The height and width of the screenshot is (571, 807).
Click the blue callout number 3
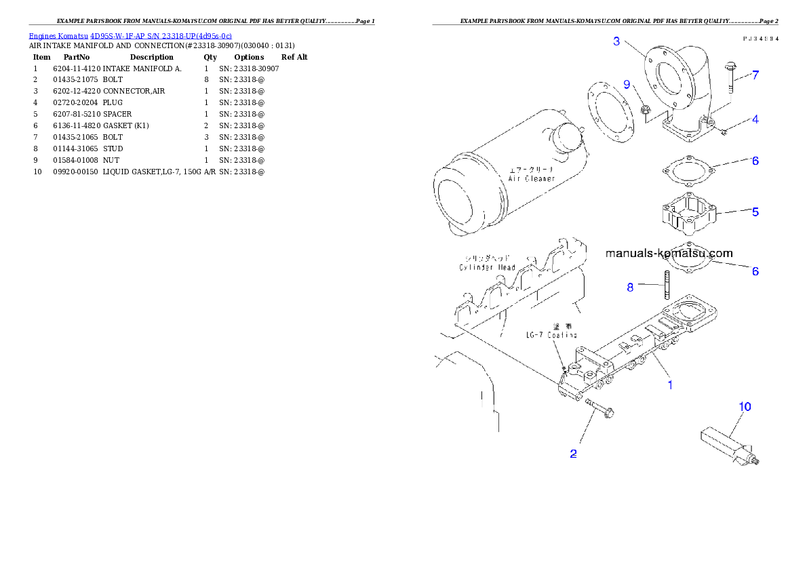[x=616, y=41]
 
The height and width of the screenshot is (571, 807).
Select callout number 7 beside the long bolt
[x=755, y=75]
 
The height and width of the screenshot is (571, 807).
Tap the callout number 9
[x=627, y=84]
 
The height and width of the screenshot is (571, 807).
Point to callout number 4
[x=755, y=119]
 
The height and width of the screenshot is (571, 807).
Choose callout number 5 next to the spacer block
[x=755, y=212]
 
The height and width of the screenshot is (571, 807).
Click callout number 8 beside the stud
[x=630, y=288]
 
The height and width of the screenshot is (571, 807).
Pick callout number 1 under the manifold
[x=670, y=385]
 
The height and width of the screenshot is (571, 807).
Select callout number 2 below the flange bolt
[x=573, y=454]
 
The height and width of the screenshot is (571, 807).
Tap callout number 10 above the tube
[x=745, y=407]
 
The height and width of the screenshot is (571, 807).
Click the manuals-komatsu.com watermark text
[x=669, y=254]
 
